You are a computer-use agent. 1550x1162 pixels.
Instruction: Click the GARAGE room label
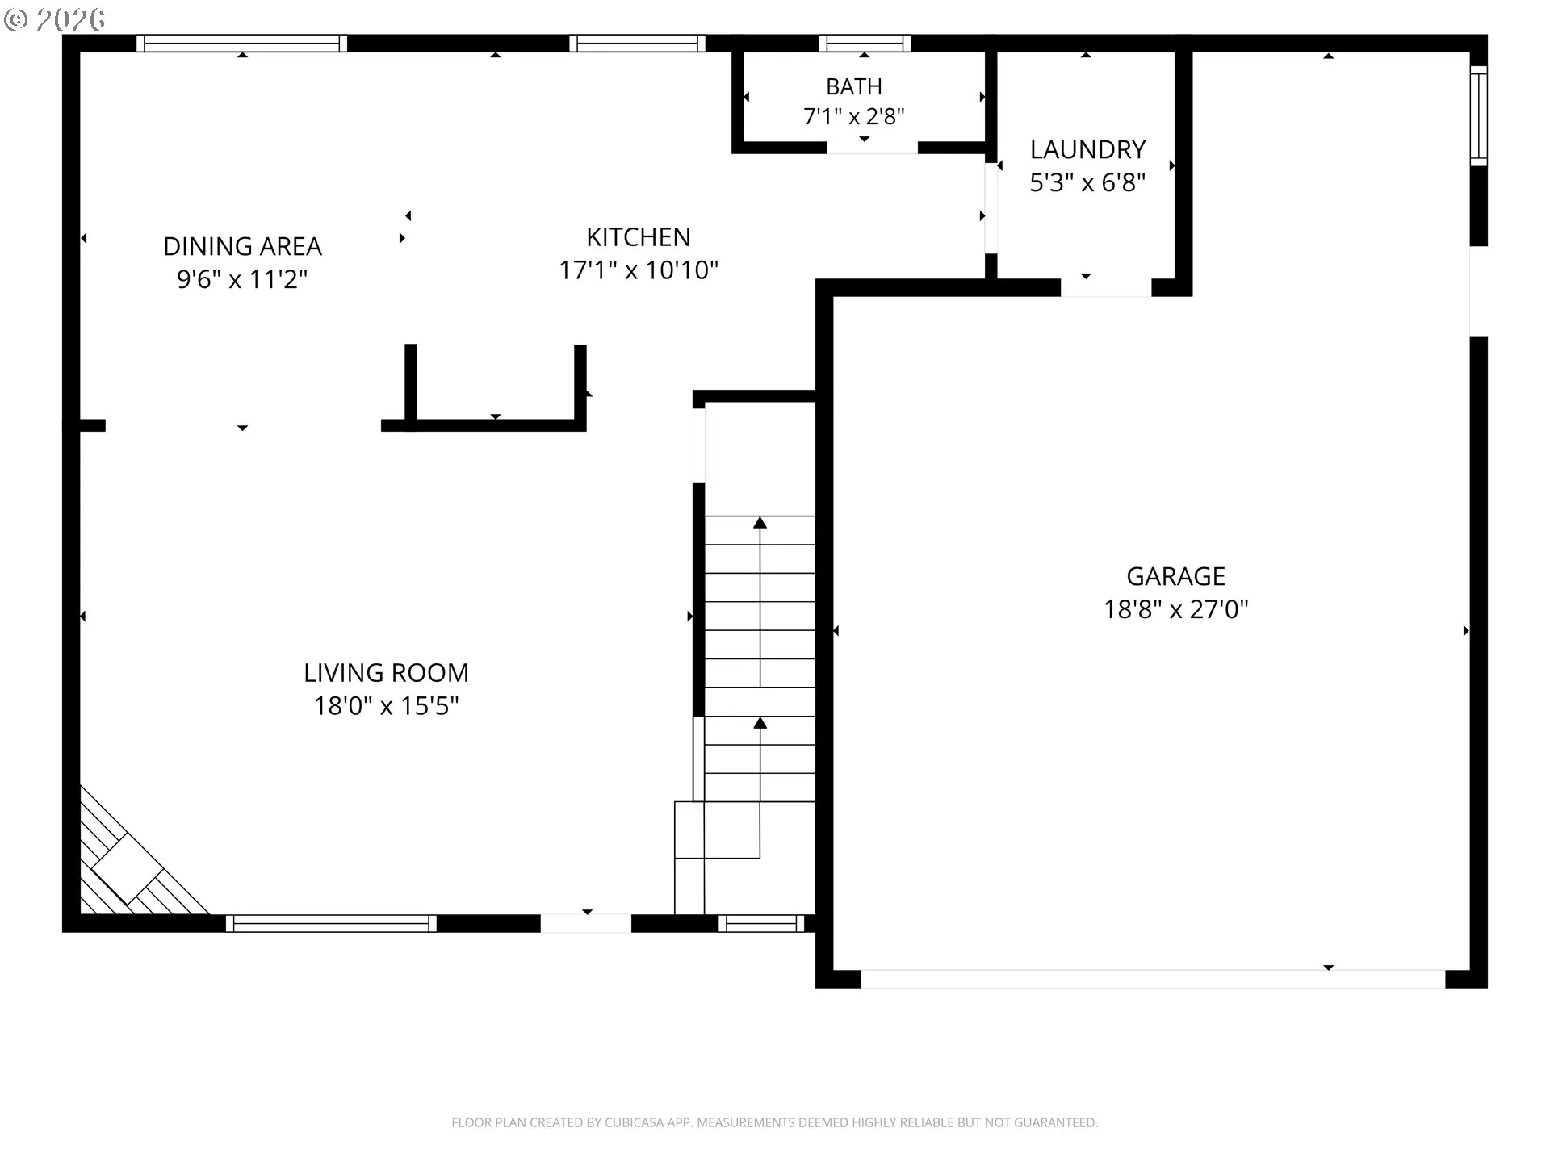[1175, 576]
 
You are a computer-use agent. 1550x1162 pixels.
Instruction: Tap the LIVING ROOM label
[386, 672]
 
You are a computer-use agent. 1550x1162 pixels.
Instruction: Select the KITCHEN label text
[638, 237]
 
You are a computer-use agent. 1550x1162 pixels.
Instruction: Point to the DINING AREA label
[242, 246]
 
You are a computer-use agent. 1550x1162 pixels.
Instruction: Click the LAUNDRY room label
[1087, 149]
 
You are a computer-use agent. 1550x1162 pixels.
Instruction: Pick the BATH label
[854, 86]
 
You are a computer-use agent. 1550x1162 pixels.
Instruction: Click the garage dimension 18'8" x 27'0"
[1175, 609]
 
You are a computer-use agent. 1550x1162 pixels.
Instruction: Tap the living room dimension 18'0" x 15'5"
[386, 706]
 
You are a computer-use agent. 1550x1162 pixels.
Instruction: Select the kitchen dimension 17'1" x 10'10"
[639, 270]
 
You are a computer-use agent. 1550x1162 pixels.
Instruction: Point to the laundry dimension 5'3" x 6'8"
[1087, 183]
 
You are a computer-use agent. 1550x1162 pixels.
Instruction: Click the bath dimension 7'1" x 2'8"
[854, 117]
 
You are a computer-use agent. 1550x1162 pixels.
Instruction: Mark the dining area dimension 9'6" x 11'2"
[242, 280]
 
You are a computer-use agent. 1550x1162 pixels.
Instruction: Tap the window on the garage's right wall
[1478, 116]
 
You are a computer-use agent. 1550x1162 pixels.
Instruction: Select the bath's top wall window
[865, 44]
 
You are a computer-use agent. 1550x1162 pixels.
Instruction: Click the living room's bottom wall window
[331, 923]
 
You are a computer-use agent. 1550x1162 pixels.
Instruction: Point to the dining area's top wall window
[241, 44]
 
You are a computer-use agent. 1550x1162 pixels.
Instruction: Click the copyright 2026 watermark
[55, 20]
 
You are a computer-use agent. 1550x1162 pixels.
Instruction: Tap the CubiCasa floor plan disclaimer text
[774, 1122]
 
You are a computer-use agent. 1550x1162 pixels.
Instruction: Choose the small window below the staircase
[761, 923]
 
